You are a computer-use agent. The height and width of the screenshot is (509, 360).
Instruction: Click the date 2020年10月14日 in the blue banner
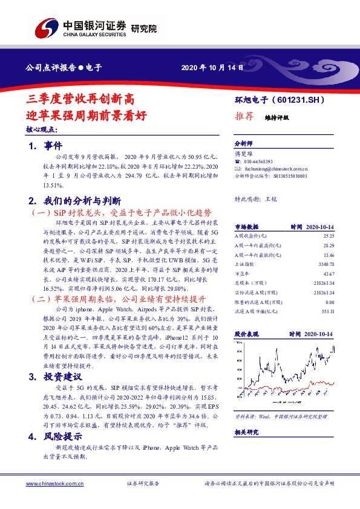tap(212, 68)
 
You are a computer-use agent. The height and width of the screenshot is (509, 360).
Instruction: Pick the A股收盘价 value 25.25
tap(329, 236)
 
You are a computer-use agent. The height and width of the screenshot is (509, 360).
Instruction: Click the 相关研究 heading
tap(246, 432)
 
